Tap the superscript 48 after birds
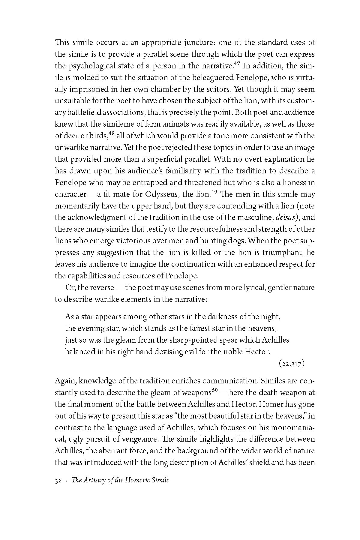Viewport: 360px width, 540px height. tap(112, 134)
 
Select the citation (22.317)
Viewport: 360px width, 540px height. tap(291, 364)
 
